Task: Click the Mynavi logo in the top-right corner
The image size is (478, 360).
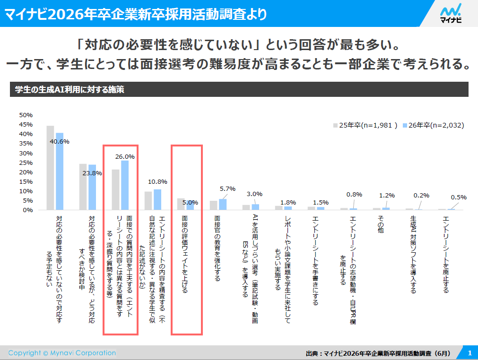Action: click(x=450, y=14)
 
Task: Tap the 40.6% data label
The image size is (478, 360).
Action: click(x=60, y=141)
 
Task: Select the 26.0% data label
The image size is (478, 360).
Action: click(x=125, y=156)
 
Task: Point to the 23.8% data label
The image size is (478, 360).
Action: click(x=92, y=173)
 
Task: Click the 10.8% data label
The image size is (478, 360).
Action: click(x=157, y=181)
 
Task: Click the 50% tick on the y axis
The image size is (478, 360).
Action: click(x=26, y=115)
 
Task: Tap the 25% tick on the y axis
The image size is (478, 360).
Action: click(x=26, y=163)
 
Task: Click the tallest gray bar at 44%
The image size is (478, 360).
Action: click(x=50, y=168)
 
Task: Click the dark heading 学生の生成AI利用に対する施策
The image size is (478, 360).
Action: click(x=70, y=89)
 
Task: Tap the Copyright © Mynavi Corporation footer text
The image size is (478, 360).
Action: click(x=62, y=353)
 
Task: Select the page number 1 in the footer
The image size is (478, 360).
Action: click(x=469, y=353)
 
